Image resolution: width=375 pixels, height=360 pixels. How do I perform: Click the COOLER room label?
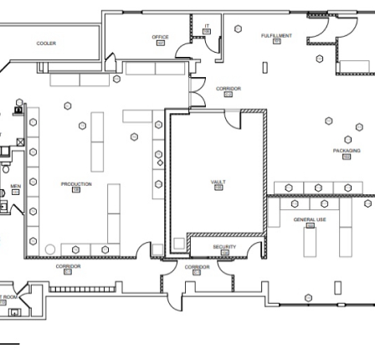46,44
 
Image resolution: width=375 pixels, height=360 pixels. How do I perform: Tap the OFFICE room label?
161,38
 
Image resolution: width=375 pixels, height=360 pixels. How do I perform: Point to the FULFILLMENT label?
276,37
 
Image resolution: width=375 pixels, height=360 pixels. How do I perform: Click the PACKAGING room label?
346,152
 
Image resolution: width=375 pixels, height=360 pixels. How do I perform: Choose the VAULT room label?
218,182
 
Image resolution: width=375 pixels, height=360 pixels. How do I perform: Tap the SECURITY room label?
223,247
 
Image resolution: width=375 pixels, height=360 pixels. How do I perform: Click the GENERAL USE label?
310,220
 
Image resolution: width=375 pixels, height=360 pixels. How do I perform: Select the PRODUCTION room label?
76,184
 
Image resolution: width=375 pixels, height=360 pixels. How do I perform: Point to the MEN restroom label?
15,187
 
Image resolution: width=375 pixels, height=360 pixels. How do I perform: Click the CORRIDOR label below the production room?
68,266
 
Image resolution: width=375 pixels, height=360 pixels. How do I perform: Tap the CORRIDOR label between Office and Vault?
228,89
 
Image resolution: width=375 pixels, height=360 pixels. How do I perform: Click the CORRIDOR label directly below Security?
197,266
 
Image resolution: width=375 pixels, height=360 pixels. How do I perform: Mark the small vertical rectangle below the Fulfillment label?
265,67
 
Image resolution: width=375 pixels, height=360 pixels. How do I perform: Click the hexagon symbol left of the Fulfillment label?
239,29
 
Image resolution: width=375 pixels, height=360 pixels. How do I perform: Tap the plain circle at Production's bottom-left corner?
50,249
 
